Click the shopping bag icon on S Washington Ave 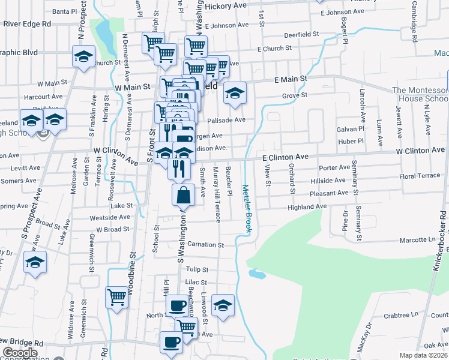183,194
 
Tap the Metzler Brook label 246,208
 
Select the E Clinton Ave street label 286,157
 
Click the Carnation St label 205,245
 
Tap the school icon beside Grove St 235,92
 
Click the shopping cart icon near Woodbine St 116,296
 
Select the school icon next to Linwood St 223,305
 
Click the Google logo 19,353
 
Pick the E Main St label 291,79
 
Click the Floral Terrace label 420,176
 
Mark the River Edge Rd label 27,24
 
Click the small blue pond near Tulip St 256,274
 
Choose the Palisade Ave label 228,119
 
